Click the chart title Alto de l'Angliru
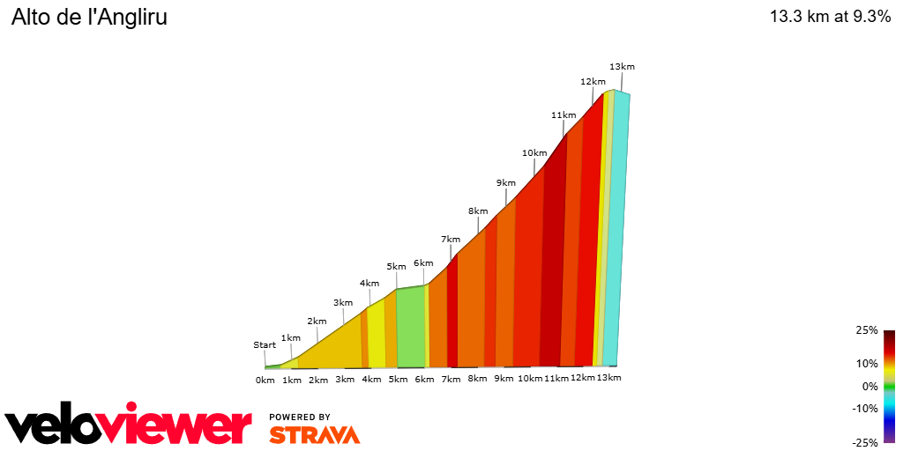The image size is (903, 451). click(x=89, y=17)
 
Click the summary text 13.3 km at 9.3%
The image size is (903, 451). click(x=830, y=17)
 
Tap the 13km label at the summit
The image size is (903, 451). click(x=622, y=67)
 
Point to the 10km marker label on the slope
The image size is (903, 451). click(x=534, y=152)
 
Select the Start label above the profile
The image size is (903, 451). click(x=265, y=345)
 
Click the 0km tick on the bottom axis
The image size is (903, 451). click(x=265, y=380)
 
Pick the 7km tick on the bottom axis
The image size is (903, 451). click(x=451, y=379)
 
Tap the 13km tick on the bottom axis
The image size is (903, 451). click(x=608, y=378)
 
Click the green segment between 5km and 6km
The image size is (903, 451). click(x=410, y=326)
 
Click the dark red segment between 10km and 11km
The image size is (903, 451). click(x=552, y=264)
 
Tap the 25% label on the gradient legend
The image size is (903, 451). click(x=867, y=330)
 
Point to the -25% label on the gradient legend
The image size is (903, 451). click(x=865, y=442)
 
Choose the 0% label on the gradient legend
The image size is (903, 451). click(x=869, y=386)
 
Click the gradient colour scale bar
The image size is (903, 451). click(x=889, y=386)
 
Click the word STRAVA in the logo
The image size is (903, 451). click(x=314, y=435)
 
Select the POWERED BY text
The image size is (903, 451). click(x=300, y=417)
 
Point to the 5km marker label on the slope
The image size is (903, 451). click(x=396, y=267)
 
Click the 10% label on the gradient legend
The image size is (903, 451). click(x=867, y=363)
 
